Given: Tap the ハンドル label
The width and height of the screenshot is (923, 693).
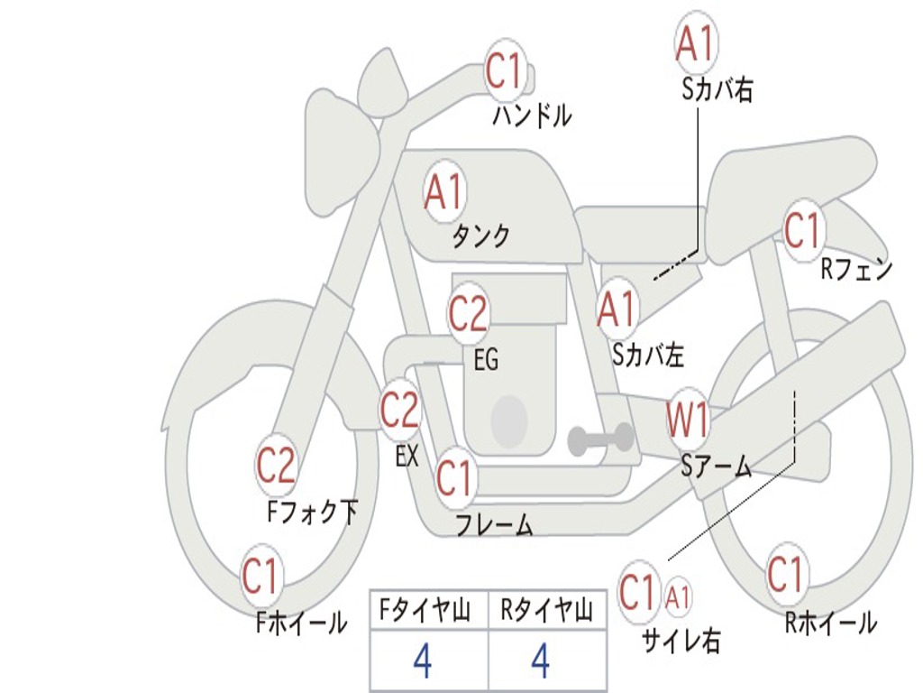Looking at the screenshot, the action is tap(532, 115).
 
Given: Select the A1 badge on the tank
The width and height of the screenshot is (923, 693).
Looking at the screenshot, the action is tap(445, 192).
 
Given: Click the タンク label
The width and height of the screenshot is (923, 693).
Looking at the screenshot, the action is tap(481, 236).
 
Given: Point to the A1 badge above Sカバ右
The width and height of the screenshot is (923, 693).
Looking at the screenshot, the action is tap(697, 44).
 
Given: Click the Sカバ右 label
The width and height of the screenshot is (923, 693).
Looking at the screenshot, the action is tap(717, 90).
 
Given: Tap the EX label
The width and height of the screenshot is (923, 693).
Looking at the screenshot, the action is tap(407, 455).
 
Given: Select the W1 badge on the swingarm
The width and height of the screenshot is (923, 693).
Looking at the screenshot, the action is tap(688, 420).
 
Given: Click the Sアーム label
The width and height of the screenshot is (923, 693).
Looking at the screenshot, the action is tap(717, 467).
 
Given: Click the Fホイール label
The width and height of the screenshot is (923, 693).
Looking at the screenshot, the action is tap(301, 623).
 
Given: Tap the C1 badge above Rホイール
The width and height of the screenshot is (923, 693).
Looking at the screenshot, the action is tap(786, 575).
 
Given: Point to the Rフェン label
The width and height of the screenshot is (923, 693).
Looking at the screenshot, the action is tap(856, 269).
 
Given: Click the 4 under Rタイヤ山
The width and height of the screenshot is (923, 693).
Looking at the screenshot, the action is tap(541, 661).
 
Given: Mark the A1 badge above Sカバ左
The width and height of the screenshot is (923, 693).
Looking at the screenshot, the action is tap(617, 310).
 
